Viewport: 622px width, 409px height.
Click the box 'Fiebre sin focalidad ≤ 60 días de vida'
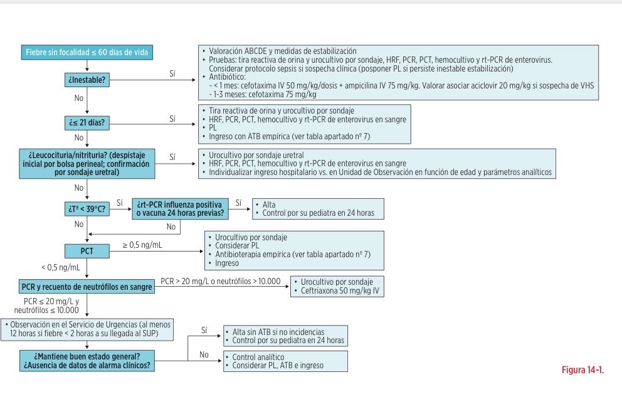pos(87,52)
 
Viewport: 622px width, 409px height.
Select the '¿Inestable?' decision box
pos(87,80)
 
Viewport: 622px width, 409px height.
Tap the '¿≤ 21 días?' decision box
pos(87,122)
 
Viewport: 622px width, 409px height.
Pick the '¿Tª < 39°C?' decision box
pos(87,209)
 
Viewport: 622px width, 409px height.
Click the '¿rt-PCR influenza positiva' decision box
pos(180,209)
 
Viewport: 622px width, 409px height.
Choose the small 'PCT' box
pos(87,251)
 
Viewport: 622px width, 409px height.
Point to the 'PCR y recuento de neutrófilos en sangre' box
pos(87,287)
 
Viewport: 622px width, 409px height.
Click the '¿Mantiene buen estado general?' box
pos(87,361)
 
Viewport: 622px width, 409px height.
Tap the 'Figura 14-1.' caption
pos(582,370)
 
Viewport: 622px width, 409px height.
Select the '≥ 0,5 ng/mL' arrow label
pos(142,245)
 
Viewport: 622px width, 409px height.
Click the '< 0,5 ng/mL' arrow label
pos(60,267)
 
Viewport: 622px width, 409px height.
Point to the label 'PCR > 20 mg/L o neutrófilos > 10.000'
pos(221,281)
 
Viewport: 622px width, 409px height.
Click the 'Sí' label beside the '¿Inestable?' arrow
pos(172,74)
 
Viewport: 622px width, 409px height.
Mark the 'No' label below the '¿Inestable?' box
pos(79,98)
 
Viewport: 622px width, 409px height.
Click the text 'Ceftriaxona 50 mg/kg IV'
pos(340,290)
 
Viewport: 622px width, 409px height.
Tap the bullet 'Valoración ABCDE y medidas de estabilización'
pos(282,51)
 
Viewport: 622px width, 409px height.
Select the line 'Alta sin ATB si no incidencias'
pos(278,332)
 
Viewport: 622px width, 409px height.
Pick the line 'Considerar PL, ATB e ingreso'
pos(278,365)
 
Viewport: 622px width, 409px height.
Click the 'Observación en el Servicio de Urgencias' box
pos(87,329)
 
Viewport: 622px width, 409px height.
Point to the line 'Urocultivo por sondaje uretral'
pos(256,155)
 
